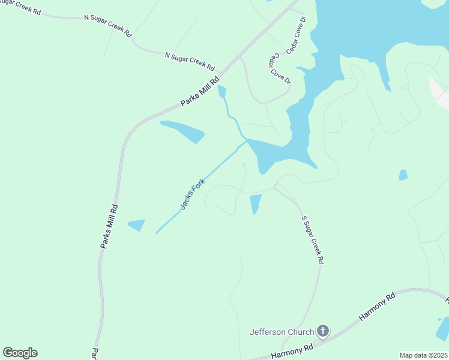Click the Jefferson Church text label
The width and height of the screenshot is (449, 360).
pos(282,332)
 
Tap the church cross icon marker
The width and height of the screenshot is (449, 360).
pos(323,331)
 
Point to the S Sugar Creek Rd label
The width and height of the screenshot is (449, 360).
pos(312,239)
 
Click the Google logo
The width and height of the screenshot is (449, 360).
pos(20,352)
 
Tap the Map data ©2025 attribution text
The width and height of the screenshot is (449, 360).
pos(423,355)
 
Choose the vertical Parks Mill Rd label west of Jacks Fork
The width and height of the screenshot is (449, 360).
pos(109,226)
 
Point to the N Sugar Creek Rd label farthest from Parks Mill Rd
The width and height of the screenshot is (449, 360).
pos(107,25)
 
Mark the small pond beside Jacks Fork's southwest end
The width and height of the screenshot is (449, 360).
pos(137,225)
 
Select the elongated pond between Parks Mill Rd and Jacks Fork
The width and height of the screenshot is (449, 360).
pos(183,130)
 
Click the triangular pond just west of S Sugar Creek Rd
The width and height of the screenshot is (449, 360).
pos(255,203)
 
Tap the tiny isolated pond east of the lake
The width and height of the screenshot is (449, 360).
pos(403,175)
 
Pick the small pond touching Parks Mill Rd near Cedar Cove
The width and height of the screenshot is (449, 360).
pos(222,92)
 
